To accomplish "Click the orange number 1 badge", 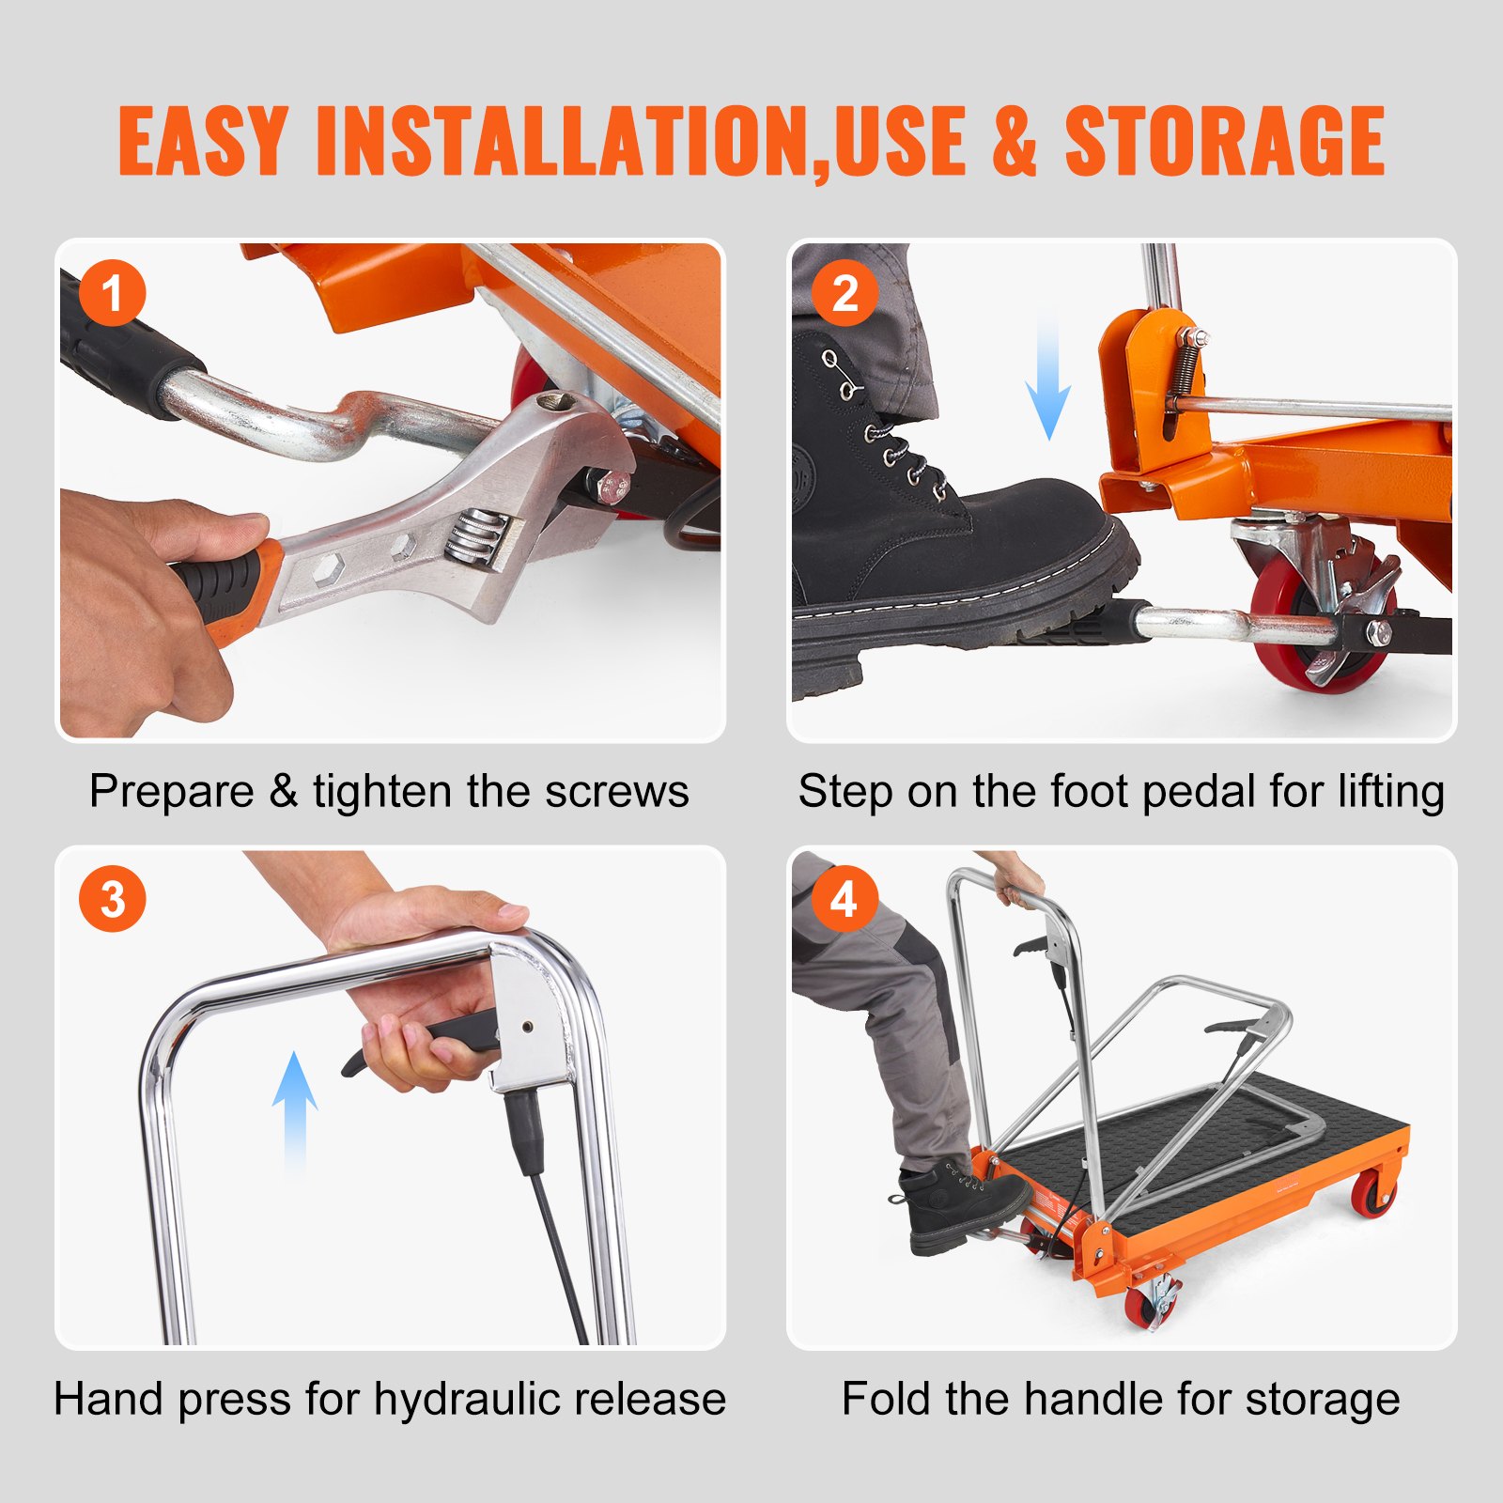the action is point(113,293).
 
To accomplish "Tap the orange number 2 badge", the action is point(844,293).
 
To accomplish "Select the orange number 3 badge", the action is point(113,899).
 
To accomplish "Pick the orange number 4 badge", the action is point(844,899).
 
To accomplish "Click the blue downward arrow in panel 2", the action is point(1048,380).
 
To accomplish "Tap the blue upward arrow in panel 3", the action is point(295,1112).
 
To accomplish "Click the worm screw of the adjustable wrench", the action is point(474,539).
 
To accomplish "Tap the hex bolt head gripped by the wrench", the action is point(613,487).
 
